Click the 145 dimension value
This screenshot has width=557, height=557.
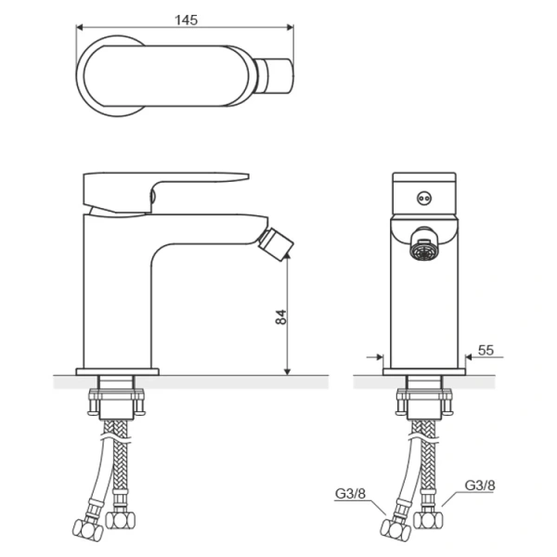pyautogui.click(x=187, y=20)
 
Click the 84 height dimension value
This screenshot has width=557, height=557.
pyautogui.click(x=281, y=317)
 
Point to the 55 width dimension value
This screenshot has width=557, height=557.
pyautogui.click(x=486, y=350)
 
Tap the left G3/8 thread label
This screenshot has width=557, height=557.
pyautogui.click(x=350, y=494)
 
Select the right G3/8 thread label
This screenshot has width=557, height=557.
pyautogui.click(x=480, y=486)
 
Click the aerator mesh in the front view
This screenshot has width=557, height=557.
pyautogui.click(x=422, y=250)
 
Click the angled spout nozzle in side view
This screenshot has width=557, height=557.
pyautogui.click(x=277, y=244)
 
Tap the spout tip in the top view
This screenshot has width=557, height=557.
pyautogui.click(x=276, y=76)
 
